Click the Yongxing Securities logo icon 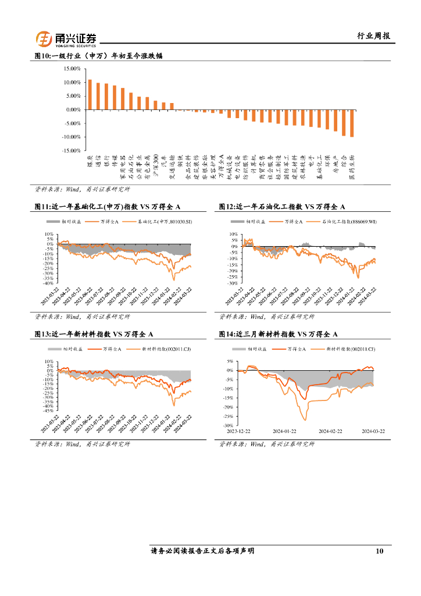pos(44,39)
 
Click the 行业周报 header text pos(373,36)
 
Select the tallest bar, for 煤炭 pos(90,94)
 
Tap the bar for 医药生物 pos(352,123)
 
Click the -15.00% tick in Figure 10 pos(70,150)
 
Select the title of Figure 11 pos(108,206)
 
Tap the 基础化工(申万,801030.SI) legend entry pos(157,222)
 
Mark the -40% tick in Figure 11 pos(49,283)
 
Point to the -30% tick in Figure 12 pos(231,283)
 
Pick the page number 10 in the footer pos(380,551)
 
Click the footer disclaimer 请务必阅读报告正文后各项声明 pos(202,551)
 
